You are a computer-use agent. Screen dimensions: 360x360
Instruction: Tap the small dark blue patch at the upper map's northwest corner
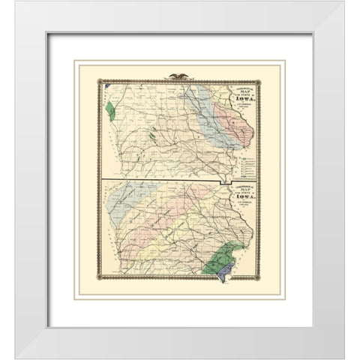[x=107, y=85]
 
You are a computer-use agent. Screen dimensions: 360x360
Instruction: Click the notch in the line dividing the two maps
[x=220, y=184]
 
